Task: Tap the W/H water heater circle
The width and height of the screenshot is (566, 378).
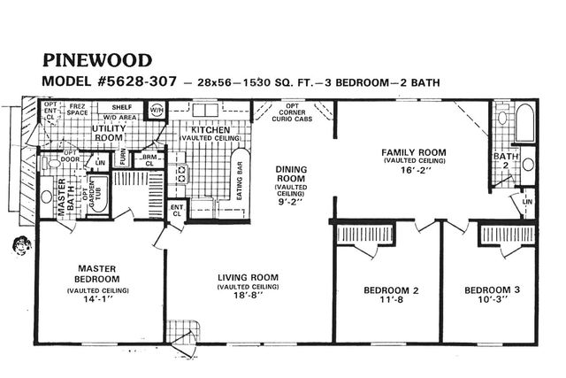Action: click(156, 110)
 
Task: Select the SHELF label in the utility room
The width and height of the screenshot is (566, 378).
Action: click(121, 106)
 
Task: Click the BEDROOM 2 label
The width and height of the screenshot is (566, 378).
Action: click(391, 290)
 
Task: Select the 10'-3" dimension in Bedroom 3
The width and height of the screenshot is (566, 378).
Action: click(493, 300)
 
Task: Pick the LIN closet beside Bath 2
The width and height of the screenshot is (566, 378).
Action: click(528, 203)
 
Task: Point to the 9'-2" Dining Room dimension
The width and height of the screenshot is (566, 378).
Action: click(290, 202)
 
